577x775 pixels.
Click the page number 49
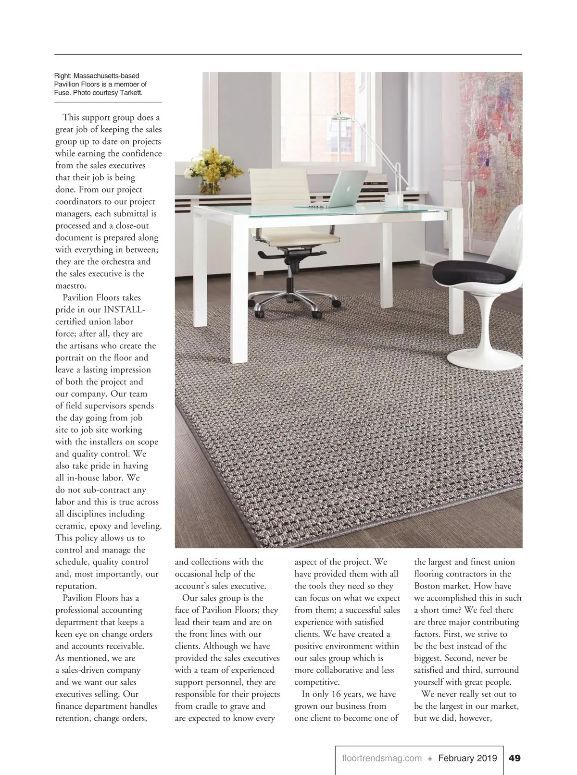click(x=514, y=758)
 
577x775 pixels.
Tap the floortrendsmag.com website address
click(x=381, y=758)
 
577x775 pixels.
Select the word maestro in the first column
click(x=71, y=286)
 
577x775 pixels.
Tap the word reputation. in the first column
click(x=76, y=586)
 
